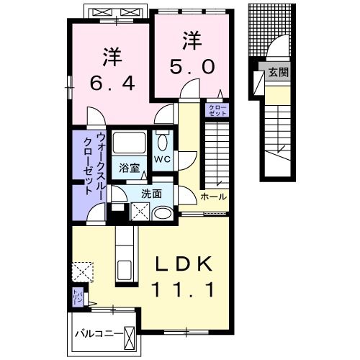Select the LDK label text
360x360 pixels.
click(185, 266)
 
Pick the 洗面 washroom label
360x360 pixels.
click(151, 193)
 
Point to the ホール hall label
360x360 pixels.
click(213, 197)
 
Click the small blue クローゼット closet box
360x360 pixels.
click(217, 110)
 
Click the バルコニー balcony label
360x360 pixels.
click(97, 333)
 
